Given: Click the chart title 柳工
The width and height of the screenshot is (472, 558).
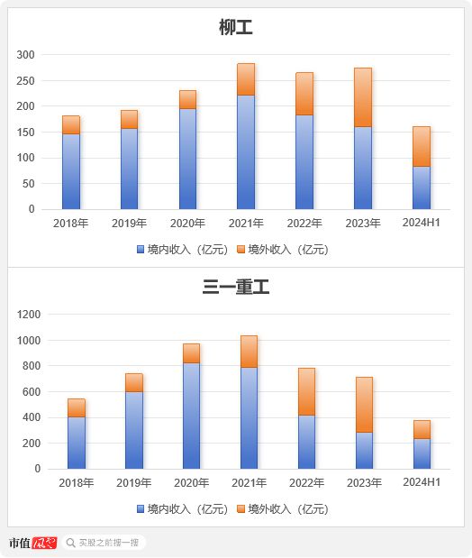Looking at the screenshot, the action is [235, 27].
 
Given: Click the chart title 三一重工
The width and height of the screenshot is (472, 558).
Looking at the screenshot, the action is [235, 287].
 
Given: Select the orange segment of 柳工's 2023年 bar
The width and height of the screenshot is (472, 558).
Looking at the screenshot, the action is [363, 97].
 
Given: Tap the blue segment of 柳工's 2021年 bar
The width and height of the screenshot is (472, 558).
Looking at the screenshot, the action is [246, 152].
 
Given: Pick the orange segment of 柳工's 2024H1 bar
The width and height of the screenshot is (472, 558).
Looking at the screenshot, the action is [422, 147].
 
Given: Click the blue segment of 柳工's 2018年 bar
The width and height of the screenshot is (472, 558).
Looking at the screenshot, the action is [71, 171].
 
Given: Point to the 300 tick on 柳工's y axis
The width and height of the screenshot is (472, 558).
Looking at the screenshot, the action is [25, 55].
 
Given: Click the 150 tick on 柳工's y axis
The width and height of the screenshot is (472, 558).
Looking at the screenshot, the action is [25, 132].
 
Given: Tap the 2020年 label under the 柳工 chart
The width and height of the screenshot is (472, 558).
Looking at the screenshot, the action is [187, 224].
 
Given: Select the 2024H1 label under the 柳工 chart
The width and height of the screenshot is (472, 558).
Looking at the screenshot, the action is [422, 223].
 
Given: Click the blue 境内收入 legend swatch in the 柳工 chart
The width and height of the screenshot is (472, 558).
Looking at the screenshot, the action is [141, 249].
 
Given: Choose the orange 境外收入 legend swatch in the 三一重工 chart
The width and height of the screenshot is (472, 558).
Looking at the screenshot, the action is [241, 509].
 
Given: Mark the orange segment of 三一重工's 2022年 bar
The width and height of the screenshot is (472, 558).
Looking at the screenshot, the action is [306, 392].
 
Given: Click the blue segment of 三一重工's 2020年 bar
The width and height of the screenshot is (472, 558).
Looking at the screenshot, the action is [191, 416].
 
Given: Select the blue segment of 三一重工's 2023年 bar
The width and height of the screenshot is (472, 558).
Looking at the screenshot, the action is [364, 451].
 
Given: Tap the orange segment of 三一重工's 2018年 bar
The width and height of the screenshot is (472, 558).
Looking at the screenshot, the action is [77, 407].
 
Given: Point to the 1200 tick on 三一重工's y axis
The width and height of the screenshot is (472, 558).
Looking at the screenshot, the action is [29, 315].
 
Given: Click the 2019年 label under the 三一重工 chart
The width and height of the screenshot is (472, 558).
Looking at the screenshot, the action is [133, 483].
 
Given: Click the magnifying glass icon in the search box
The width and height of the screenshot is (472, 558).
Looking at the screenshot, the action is [71, 543].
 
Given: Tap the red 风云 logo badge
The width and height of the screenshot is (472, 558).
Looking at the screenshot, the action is [44, 543].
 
